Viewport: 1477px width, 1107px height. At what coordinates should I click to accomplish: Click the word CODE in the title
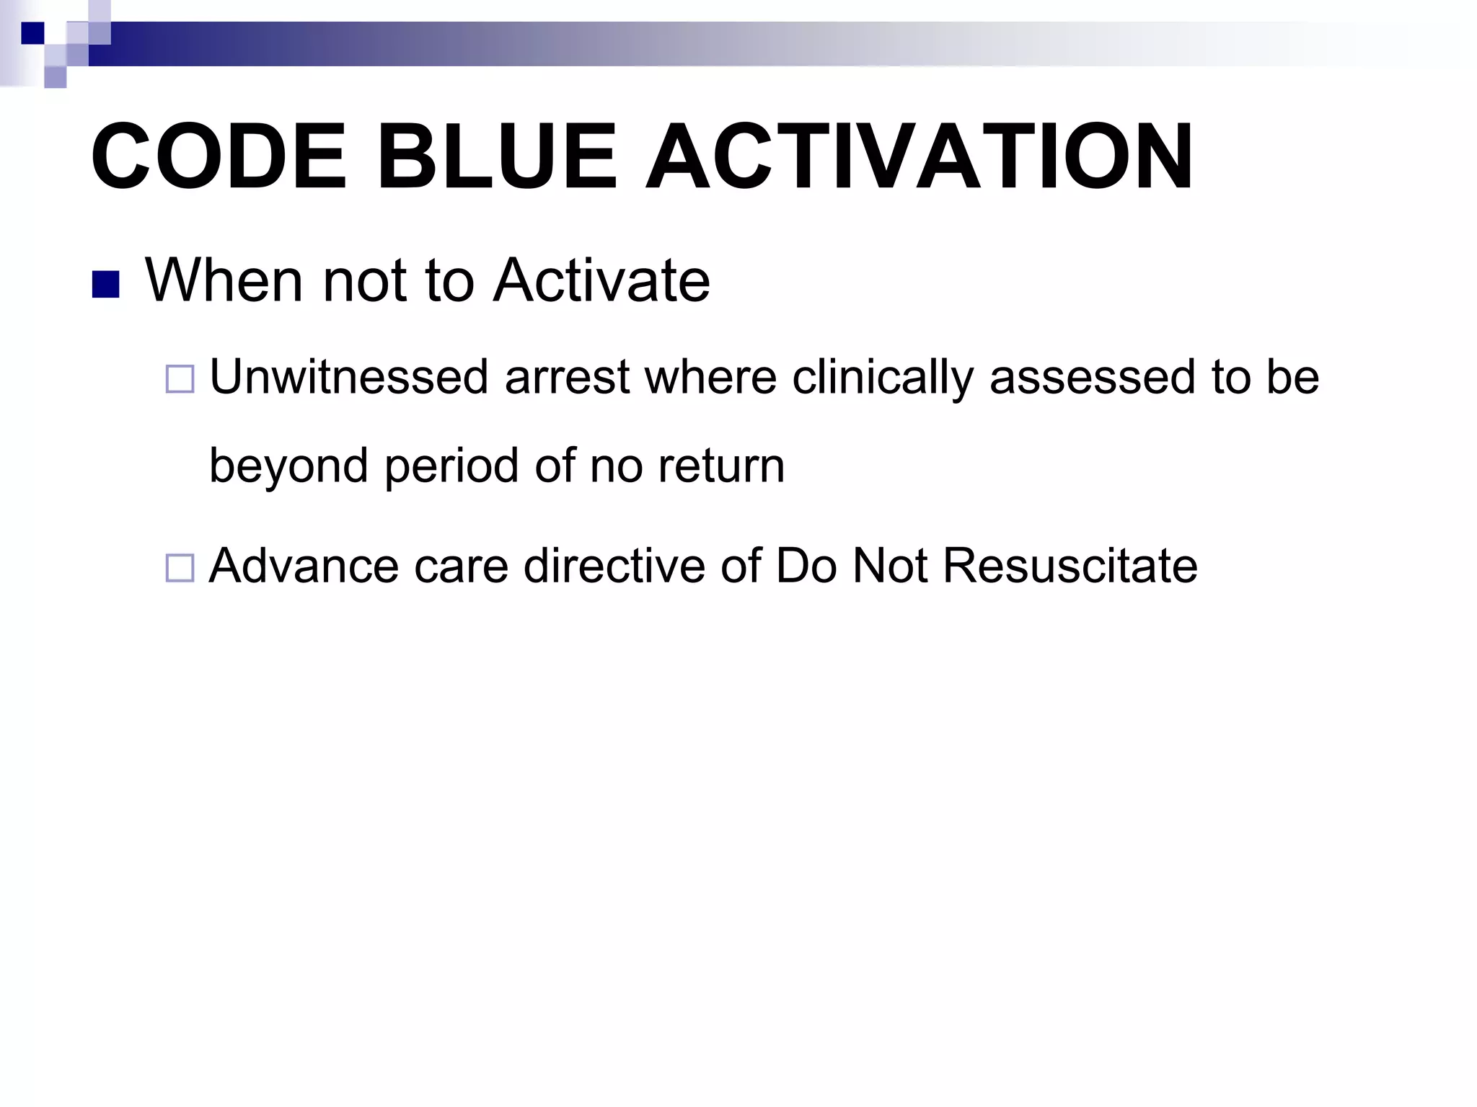[219, 157]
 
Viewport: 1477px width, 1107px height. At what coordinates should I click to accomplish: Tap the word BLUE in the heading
[497, 157]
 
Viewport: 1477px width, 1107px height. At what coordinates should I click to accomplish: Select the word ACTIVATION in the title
[918, 157]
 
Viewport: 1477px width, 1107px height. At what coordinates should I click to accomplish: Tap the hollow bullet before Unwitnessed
[180, 379]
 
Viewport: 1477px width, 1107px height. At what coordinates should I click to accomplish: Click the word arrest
[568, 377]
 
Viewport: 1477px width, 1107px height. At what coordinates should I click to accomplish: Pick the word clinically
[883, 377]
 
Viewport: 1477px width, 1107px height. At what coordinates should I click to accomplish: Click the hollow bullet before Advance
[180, 568]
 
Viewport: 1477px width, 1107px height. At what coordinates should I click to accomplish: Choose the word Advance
[304, 566]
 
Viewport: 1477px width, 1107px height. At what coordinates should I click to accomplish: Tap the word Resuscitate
[1070, 566]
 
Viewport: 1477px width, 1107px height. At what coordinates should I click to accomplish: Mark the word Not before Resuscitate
[889, 566]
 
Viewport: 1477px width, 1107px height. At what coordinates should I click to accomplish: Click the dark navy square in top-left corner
[32, 33]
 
